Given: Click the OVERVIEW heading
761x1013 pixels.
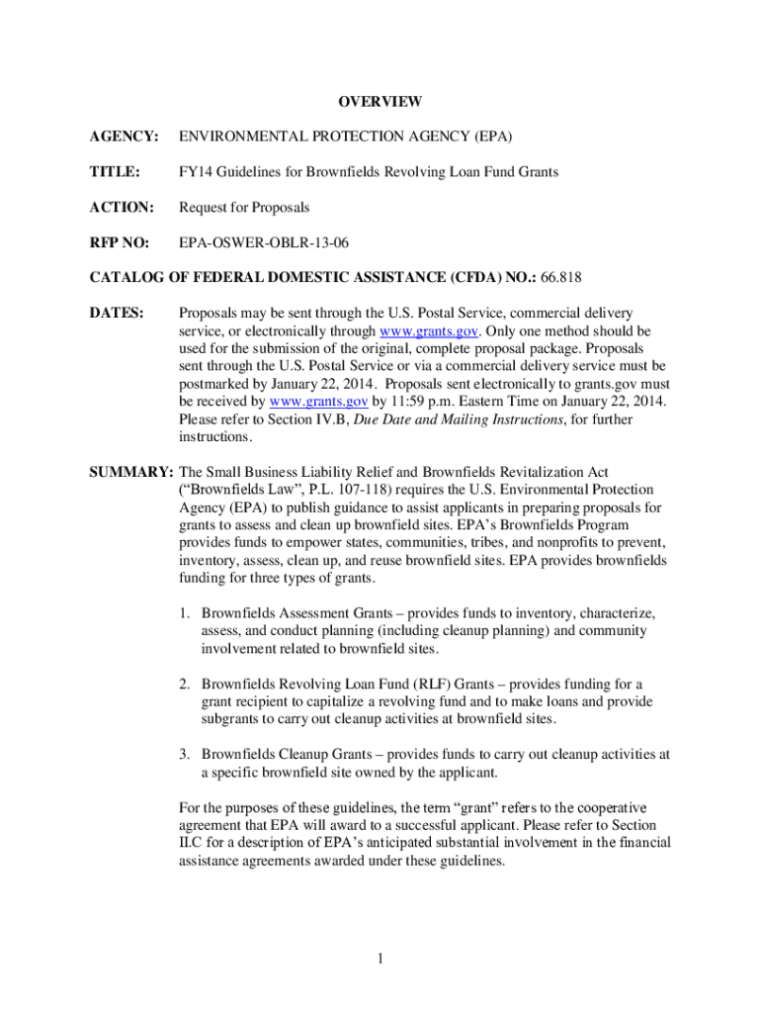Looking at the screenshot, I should coord(380,102).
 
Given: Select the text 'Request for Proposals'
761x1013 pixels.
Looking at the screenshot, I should coord(244,208).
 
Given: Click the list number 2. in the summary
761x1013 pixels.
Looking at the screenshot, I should coord(186,684).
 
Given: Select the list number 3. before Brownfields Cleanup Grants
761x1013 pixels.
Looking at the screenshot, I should coord(186,754).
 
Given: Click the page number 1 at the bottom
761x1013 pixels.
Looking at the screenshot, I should coord(380,958).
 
